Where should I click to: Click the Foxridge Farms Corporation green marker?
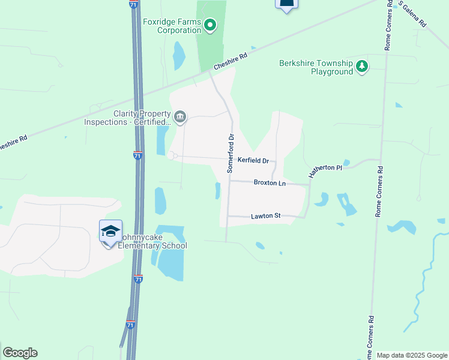pos(210,25)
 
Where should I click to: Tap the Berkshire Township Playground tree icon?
pos(362,66)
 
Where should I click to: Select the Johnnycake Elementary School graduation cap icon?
pos(110,231)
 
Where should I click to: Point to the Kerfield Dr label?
pos(256,161)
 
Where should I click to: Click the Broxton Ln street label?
pos(269,182)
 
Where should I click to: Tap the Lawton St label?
pos(266,215)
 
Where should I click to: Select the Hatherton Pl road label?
pos(325,168)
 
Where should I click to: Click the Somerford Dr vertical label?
pos(230,154)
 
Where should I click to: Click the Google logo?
pos(20,353)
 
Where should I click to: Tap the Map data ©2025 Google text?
pos(412,355)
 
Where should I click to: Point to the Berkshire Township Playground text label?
pos(316,67)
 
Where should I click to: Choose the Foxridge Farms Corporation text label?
pos(172,26)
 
